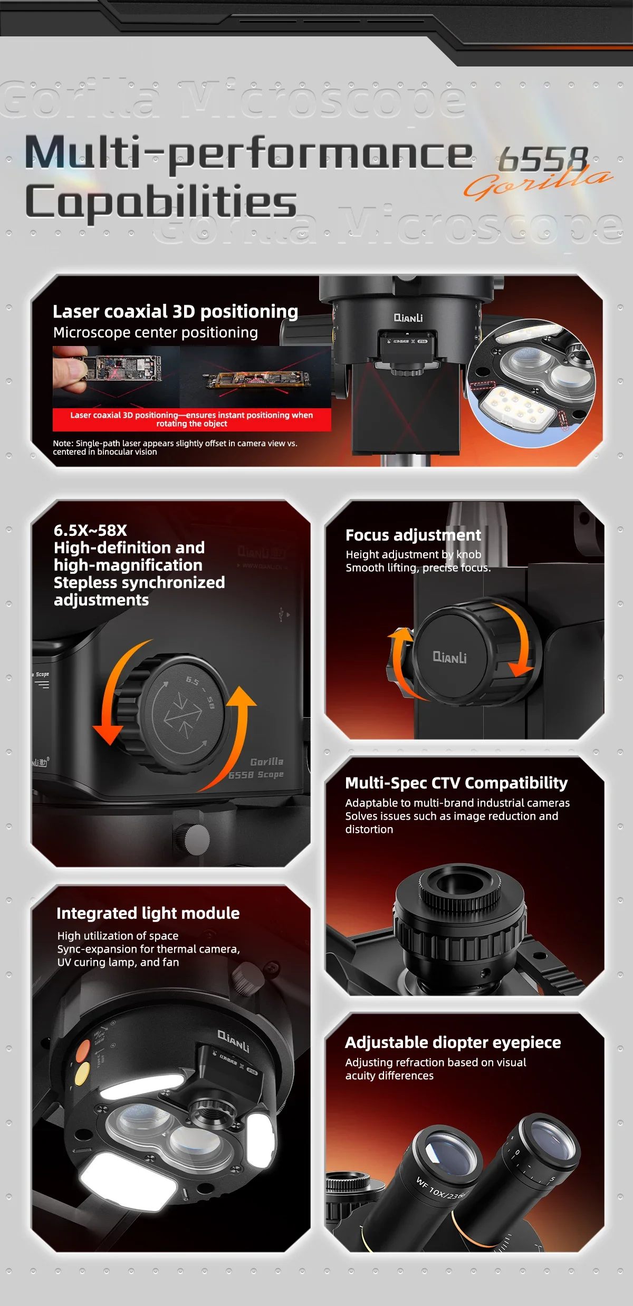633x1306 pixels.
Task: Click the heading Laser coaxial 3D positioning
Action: coord(175,311)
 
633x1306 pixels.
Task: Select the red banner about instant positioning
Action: coord(191,419)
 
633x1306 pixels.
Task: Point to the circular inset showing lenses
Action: coord(532,383)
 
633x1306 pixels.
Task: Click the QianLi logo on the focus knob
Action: coord(449,657)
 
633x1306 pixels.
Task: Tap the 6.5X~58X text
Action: coord(90,530)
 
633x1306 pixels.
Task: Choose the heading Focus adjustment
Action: coord(413,535)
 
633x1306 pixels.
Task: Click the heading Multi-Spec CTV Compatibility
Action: coord(456,783)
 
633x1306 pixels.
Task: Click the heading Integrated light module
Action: coord(148,913)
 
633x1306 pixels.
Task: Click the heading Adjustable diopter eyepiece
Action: coord(453,1042)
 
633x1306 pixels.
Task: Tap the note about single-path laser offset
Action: coord(175,447)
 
